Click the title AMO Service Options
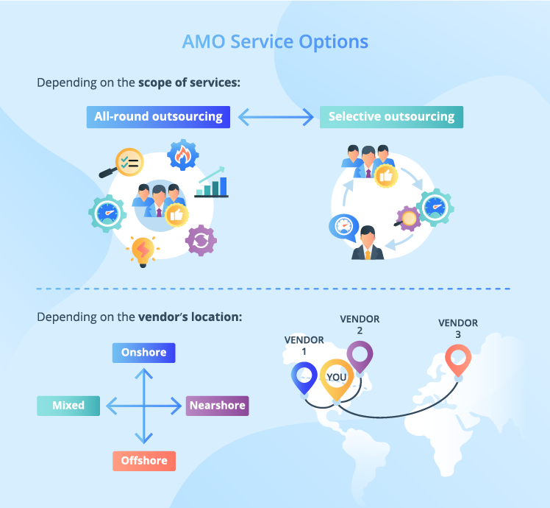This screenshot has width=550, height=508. [275, 41]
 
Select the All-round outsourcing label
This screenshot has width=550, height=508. [158, 116]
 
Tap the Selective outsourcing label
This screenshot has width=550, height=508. [391, 116]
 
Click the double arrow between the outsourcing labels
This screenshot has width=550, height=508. [275, 116]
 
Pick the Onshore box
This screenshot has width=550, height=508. [144, 353]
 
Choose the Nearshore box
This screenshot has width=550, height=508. [217, 406]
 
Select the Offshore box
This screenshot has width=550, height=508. [144, 461]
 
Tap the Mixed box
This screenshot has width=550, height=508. [68, 406]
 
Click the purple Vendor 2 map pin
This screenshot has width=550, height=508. [360, 357]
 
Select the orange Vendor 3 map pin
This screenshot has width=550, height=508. [458, 361]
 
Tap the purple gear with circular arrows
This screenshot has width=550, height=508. [201, 240]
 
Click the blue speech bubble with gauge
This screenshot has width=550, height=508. [345, 226]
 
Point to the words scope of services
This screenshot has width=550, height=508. [190, 82]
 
